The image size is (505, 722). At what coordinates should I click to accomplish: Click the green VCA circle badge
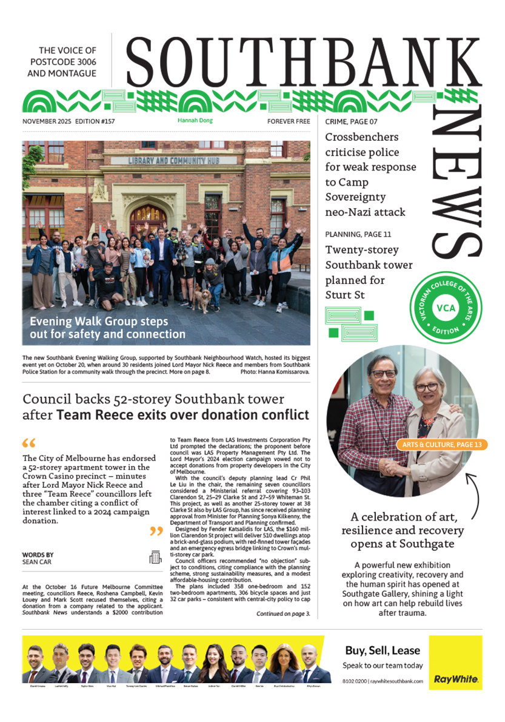coord(442,307)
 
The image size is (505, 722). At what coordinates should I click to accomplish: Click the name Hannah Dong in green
coord(195,121)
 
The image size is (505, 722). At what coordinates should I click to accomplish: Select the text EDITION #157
coord(95,121)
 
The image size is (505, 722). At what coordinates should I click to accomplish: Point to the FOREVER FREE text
coord(289,121)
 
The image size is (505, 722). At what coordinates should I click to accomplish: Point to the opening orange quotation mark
coord(28,444)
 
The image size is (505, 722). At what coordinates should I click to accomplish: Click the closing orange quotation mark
coord(156,532)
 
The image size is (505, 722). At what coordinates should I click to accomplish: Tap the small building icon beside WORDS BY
coord(156,558)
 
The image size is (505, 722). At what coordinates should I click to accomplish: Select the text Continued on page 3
coord(283,613)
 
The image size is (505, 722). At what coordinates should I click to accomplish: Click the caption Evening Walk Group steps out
coord(108,328)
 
